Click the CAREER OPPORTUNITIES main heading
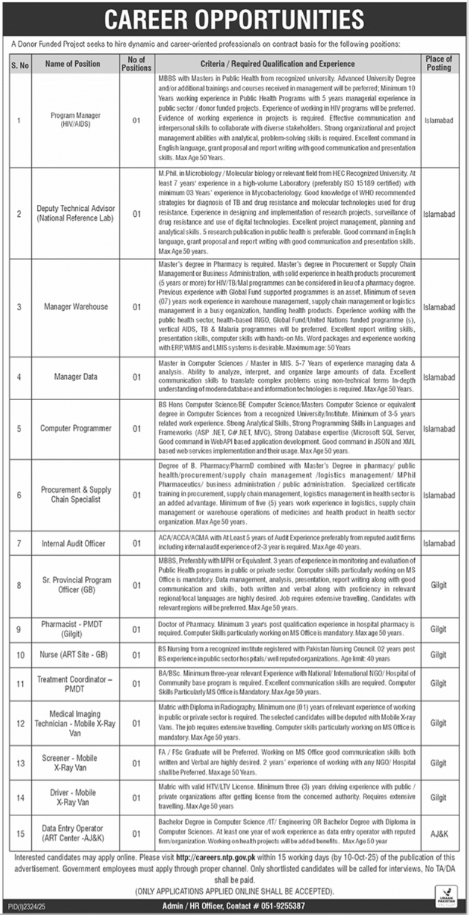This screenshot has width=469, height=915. coord(234,19)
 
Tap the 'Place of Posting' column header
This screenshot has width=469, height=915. coord(438,63)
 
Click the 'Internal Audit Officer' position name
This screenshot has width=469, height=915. coord(73,543)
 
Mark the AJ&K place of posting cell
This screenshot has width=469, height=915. coord(438,833)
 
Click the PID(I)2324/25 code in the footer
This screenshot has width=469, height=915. coord(25,906)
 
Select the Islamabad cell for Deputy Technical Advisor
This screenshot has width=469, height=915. coord(438,214)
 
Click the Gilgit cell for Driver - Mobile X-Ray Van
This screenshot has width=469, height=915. coord(438,797)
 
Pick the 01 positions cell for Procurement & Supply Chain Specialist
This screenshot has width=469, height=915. coord(136,495)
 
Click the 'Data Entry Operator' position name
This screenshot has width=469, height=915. coord(72,828)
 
